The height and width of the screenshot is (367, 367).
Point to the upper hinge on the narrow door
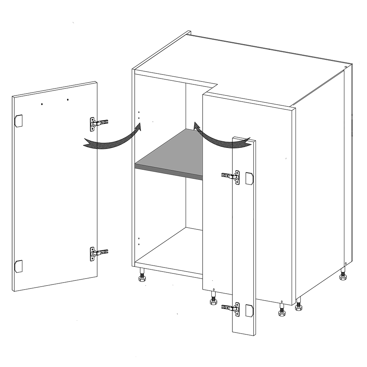click(232, 177)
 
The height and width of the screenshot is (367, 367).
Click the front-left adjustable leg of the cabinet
click(142, 275)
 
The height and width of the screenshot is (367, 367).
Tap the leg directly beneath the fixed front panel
click(212, 299)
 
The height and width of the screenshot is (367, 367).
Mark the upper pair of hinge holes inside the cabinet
click(139, 115)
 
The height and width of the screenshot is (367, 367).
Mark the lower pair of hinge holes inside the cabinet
click(139, 241)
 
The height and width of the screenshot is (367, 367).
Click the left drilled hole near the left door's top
click(43, 104)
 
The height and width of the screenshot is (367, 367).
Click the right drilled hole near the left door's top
click(68, 99)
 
